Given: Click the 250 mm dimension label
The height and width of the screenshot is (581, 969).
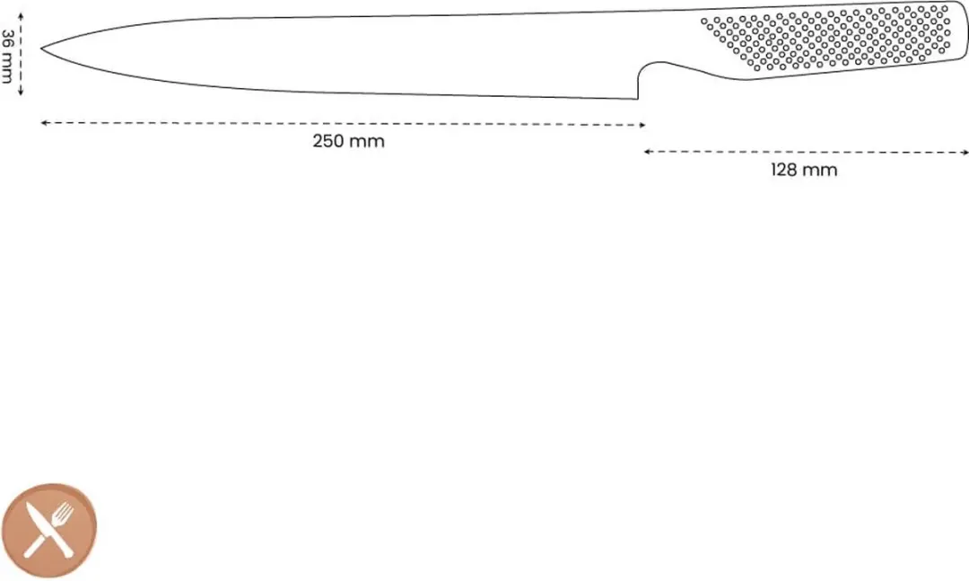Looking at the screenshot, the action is coord(348,141).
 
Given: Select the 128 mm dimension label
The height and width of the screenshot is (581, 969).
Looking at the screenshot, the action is coord(804,170).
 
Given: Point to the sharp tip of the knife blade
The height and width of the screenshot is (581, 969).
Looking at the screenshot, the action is coord(42,48).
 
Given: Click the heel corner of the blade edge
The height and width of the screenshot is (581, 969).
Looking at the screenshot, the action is coord(637,98).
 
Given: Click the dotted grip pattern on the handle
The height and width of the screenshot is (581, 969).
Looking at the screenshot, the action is coord(826,37).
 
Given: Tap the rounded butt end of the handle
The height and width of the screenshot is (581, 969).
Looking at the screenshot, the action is coord(965,31).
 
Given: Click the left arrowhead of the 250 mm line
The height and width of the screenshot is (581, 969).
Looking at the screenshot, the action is coord(43,123).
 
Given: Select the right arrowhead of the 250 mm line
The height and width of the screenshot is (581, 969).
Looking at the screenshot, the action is coord(642,125).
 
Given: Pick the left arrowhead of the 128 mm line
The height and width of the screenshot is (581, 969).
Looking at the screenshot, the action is coord(646,151).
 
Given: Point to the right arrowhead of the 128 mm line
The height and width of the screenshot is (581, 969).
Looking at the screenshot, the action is coord(965,153).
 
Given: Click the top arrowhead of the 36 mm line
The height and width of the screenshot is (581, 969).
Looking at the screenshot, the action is coord(21,15).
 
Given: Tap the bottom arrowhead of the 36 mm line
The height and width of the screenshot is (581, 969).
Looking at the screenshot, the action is coord(21,92).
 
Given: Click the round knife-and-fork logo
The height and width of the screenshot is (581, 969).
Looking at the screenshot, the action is coord(49,530).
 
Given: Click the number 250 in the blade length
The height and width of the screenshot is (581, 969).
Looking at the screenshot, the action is coord(328,141).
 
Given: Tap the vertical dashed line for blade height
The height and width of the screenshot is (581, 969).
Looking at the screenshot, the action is coord(21,54).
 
